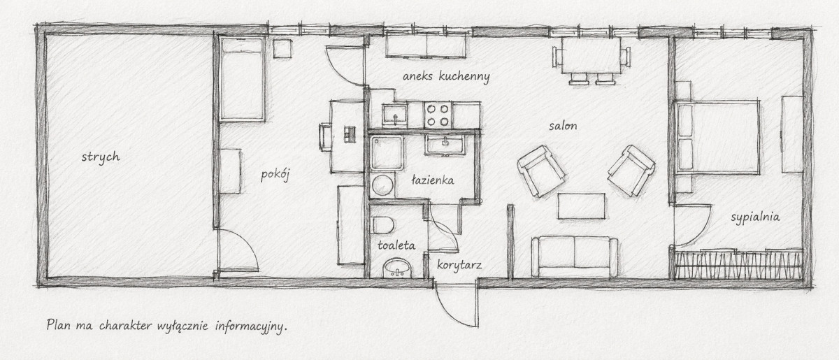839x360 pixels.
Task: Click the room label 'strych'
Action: coord(101,157)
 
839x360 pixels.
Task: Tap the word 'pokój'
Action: coord(275,175)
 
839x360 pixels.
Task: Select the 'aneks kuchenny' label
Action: coord(446,76)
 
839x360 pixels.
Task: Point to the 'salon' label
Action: coord(563,126)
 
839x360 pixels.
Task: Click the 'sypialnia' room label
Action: coord(756,217)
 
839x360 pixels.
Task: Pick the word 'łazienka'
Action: coord(433,180)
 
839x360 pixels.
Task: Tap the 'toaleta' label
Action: coord(396,245)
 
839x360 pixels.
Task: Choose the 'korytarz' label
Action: coord(459,265)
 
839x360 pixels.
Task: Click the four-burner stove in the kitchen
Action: coord(438,115)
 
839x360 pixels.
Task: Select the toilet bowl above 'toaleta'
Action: coord(383,225)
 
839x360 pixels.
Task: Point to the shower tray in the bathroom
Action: coord(387,153)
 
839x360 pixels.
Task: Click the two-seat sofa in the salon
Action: coord(575,257)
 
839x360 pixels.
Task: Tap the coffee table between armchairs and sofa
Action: coord(581,206)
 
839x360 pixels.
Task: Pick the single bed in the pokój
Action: coord(243,79)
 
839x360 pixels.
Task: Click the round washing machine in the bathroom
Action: coord(382,185)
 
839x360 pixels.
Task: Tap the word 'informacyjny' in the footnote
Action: coord(251,326)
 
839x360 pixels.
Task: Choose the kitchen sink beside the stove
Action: coord(395,115)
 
